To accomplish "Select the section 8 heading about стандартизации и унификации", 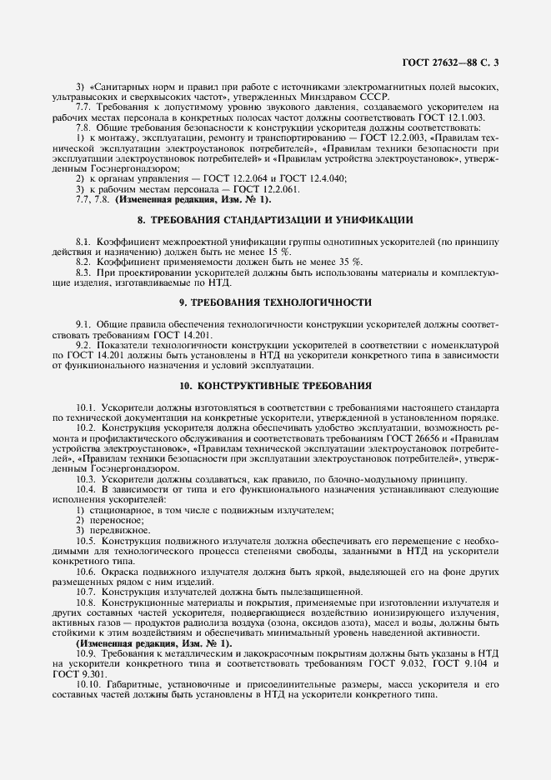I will coord(275,220).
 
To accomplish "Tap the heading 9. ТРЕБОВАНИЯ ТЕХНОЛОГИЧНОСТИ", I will coord(275,301).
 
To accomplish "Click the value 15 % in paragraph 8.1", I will coord(281,251).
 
